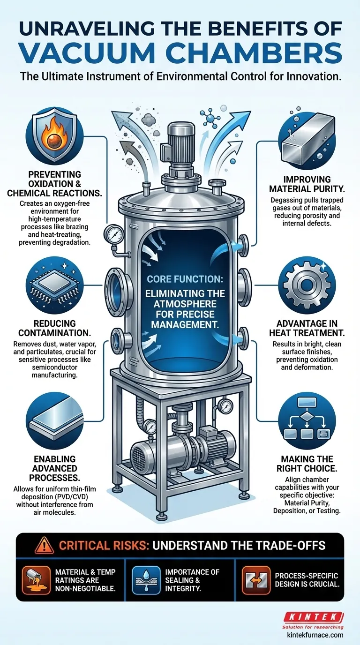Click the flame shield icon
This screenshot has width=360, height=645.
(x=54, y=135)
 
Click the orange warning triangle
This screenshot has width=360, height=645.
(x=44, y=545)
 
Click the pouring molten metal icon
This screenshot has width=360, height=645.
(x=36, y=580)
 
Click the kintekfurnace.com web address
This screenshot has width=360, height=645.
(x=315, y=635)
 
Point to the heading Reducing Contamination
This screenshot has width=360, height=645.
(x=54, y=328)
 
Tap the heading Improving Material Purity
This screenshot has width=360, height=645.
(x=307, y=184)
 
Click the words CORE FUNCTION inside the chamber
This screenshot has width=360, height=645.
(x=185, y=279)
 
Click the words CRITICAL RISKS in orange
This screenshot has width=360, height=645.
(x=104, y=546)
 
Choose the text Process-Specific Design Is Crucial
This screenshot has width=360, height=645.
(x=307, y=580)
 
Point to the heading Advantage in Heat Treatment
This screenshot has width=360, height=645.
(x=307, y=328)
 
